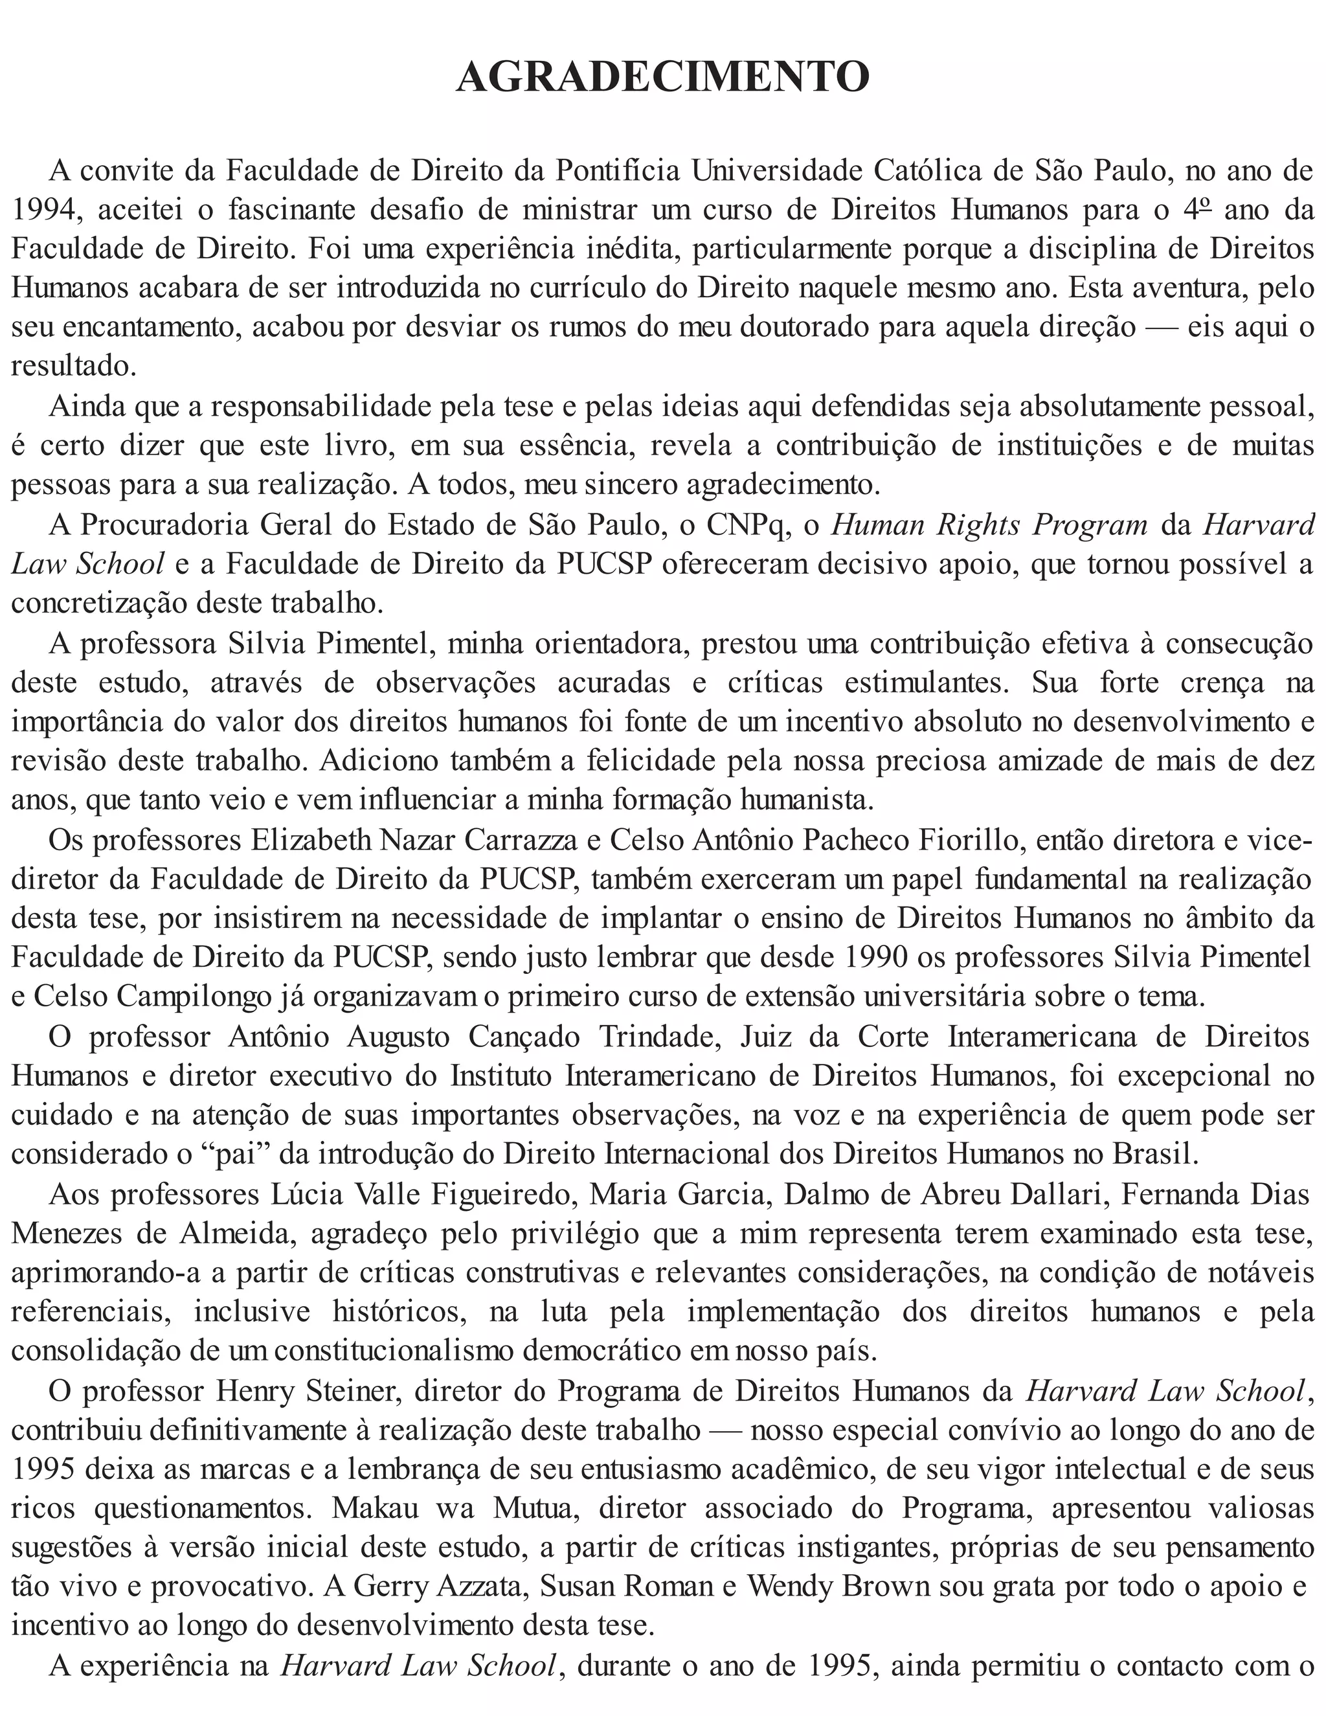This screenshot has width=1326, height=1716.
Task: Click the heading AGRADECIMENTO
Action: tap(662, 77)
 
